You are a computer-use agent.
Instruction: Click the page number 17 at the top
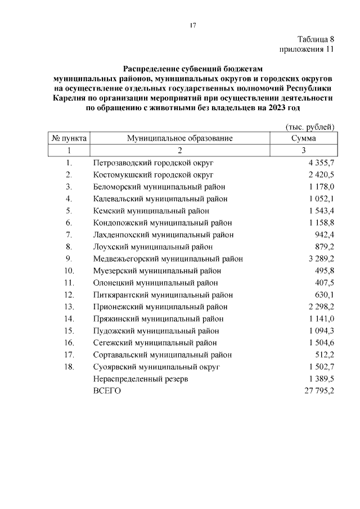(192, 25)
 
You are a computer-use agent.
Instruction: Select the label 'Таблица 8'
(316, 39)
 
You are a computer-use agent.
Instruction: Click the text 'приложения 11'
(307, 49)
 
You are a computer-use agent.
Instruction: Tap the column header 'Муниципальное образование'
(179, 138)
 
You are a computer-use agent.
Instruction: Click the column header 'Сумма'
(303, 138)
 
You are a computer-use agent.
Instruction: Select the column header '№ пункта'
(69, 138)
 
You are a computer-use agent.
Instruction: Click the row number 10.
(69, 271)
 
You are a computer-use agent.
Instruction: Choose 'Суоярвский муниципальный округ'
(156, 367)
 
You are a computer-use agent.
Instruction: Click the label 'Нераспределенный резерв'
(141, 379)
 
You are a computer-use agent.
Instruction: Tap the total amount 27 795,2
(319, 391)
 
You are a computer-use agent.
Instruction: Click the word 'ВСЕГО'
(107, 391)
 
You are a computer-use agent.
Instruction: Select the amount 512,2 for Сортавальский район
(324, 355)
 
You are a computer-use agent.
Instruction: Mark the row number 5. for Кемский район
(69, 210)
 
